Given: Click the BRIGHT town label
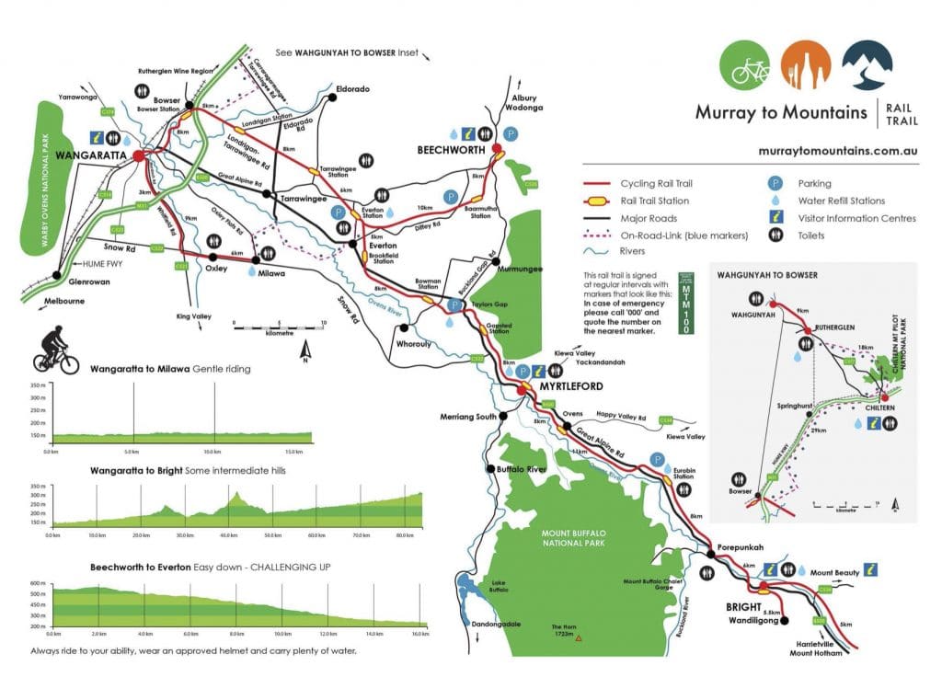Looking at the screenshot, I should tap(743, 608).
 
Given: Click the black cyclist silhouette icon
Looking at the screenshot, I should tap(56, 350).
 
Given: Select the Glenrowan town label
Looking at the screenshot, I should tap(88, 282).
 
